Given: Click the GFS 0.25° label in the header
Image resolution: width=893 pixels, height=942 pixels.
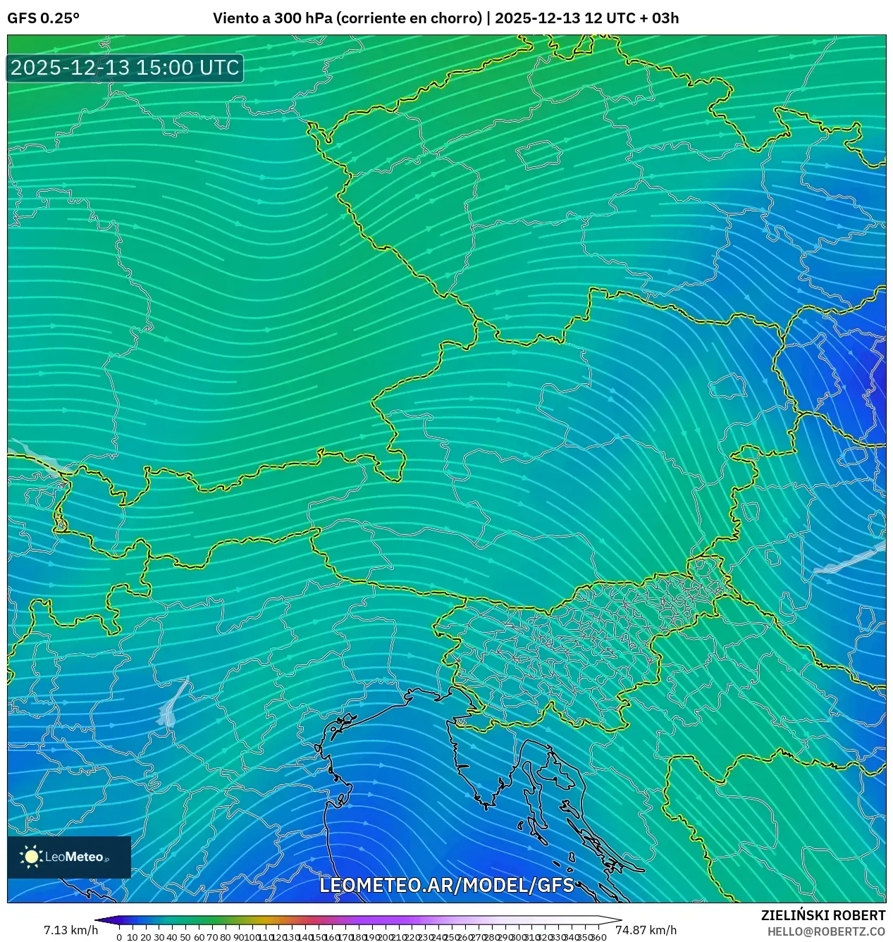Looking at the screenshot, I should pyautogui.click(x=43, y=18).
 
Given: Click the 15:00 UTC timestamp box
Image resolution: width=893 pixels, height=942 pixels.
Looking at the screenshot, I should pyautogui.click(x=125, y=68).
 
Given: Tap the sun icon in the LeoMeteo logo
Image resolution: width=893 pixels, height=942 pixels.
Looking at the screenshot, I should pyautogui.click(x=31, y=856).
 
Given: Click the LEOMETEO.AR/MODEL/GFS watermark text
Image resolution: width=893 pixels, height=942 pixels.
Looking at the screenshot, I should pyautogui.click(x=447, y=885).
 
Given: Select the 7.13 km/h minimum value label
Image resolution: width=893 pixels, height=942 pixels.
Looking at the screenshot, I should pyautogui.click(x=70, y=930).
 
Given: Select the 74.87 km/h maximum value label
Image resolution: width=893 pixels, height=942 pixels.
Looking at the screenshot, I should pyautogui.click(x=646, y=930).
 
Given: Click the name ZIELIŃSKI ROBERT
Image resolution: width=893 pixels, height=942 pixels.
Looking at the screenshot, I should pyautogui.click(x=823, y=915).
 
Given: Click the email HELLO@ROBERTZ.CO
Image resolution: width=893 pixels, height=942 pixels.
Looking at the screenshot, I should pyautogui.click(x=826, y=931).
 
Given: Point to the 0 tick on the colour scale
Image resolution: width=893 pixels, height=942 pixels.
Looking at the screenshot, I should pyautogui.click(x=119, y=937).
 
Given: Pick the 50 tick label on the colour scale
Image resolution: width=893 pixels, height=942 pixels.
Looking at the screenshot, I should pyautogui.click(x=185, y=937).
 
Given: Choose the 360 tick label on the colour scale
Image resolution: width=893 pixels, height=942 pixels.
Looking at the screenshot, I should pyautogui.click(x=598, y=937).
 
